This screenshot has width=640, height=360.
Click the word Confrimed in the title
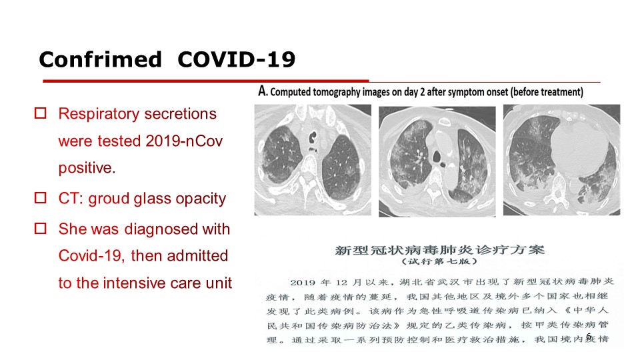click(101, 59)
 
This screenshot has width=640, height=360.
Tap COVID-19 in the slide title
click(236, 59)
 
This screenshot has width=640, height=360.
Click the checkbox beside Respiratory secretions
click(41, 113)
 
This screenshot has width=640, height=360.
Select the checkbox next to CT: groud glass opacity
click(41, 197)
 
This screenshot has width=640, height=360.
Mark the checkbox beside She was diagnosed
click(41, 228)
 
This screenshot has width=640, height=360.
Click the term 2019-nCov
click(184, 141)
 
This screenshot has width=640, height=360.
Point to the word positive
click(87, 168)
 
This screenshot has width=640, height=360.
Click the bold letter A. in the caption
click(263, 91)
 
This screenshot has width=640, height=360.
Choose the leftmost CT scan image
click(313, 160)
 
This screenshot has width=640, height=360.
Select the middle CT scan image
click(437, 161)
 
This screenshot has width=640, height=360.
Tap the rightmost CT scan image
click(561, 160)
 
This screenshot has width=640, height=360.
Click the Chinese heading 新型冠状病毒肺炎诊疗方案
click(440, 250)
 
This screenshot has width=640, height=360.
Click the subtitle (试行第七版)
click(439, 261)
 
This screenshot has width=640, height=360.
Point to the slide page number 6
click(588, 336)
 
